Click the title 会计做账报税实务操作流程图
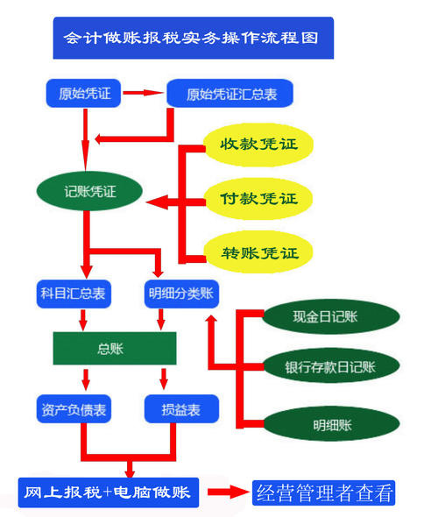click(193, 39)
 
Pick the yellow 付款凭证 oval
click(259, 199)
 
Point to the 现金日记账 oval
click(327, 315)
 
